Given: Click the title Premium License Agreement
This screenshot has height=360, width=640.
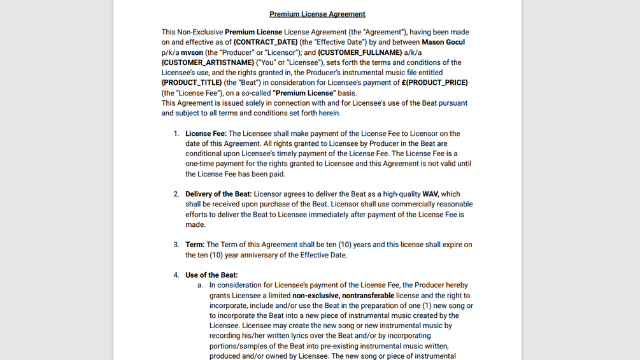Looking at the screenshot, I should pos(317,14).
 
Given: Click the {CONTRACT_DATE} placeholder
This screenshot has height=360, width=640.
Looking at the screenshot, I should pos(265,42).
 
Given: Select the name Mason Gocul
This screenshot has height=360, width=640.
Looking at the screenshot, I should pos(443,42).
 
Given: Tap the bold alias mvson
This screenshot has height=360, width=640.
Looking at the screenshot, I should pos(192,52).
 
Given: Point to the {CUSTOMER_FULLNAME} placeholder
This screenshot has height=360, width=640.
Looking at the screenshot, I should pos(360,52).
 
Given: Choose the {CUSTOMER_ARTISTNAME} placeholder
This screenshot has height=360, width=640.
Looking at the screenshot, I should pos(208,62).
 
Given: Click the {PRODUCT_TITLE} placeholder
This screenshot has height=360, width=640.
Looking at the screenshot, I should pos(192,83).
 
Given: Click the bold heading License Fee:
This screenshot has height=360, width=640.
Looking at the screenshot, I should pos(206,134).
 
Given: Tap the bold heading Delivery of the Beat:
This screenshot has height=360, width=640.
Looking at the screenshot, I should pos(218,194).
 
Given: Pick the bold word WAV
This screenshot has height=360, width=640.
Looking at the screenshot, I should pos(430,194).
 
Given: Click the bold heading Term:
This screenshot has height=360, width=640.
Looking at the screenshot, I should pos(195,245).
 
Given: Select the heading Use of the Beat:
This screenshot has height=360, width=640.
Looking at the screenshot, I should pos(211,275).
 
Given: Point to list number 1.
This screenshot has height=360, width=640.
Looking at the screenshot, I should pos(176,134).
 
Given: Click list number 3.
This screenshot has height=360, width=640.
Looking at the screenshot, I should pos(176,245).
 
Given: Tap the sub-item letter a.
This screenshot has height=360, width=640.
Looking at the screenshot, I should pos(200,285).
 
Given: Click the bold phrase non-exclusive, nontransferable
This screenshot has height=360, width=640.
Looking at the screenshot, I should pos(343,296).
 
